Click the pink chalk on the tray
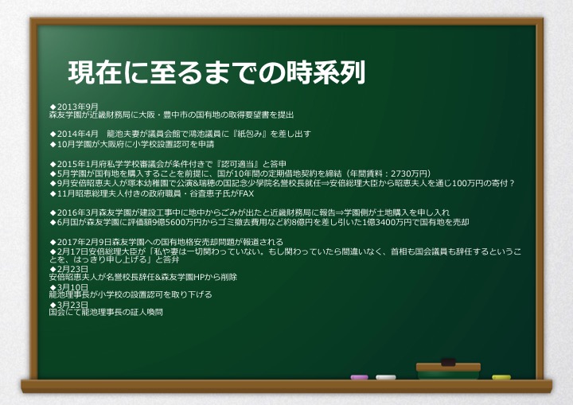[359, 377]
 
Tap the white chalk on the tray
[385, 377]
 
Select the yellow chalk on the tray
[501, 377]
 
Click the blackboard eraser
[448, 370]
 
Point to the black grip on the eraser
[448, 362]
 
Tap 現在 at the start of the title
[95, 72]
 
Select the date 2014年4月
[78, 134]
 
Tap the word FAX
[246, 193]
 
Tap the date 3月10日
[72, 287]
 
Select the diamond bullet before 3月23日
[53, 305]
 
